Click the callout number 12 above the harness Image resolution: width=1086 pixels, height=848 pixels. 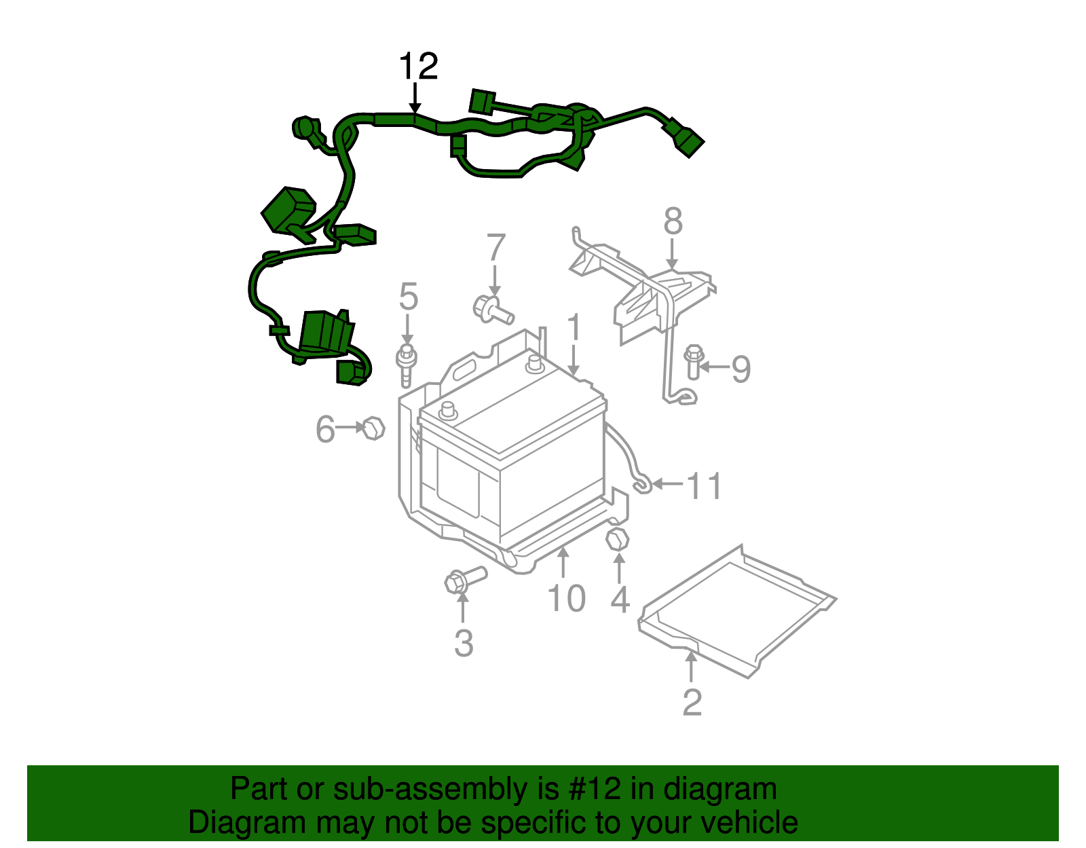click(418, 67)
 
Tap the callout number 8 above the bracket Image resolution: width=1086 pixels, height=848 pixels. click(672, 222)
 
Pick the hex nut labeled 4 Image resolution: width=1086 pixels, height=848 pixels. click(617, 540)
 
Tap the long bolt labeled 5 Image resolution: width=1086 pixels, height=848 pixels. click(406, 365)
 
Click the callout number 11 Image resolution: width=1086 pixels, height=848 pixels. click(705, 486)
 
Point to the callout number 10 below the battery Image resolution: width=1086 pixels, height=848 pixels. click(566, 599)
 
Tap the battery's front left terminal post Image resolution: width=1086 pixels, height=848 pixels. click(448, 409)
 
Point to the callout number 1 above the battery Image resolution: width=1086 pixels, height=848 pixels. click(574, 328)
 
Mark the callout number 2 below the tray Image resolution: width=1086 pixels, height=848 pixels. click(692, 703)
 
